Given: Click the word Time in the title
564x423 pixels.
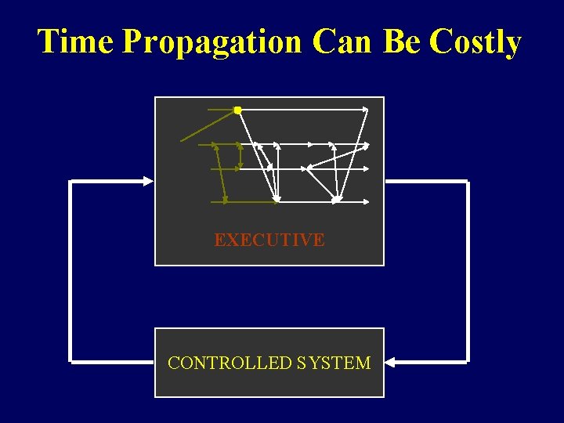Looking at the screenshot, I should click(x=76, y=42).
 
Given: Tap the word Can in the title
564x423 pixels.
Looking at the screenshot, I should click(x=342, y=42).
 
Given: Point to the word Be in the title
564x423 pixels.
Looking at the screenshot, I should click(x=402, y=42).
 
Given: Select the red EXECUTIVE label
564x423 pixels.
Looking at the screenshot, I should click(x=269, y=240).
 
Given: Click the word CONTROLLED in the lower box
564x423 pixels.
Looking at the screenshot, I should click(x=230, y=363).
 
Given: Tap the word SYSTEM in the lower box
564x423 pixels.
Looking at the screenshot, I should click(x=334, y=363).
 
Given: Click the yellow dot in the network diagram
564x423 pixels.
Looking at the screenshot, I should click(x=237, y=110).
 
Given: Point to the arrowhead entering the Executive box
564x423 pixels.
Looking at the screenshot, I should click(x=149, y=181).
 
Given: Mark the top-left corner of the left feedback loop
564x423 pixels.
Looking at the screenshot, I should click(x=71, y=182).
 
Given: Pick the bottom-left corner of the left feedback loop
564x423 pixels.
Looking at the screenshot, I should click(x=71, y=362).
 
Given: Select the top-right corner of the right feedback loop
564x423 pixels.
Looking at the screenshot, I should click(x=467, y=182).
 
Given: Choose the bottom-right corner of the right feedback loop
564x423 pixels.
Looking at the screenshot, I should click(x=467, y=362).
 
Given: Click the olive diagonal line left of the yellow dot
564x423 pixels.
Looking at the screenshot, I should click(x=208, y=126).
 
